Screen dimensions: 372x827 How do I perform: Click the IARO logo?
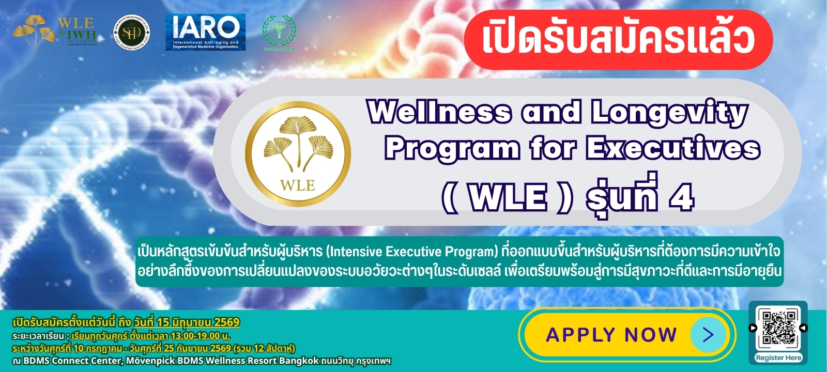205,32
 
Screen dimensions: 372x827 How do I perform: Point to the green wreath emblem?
279,32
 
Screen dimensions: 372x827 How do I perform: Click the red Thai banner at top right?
618,39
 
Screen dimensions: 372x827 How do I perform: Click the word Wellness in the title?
439,112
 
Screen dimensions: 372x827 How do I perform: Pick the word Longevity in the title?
670,113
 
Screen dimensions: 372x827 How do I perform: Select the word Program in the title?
452,149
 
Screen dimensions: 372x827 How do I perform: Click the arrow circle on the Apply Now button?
708,335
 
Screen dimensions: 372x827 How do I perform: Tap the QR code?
778,328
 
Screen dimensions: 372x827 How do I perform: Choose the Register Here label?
778,358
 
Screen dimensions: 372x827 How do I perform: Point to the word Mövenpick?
150,361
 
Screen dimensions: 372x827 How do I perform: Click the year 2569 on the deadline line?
227,322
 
